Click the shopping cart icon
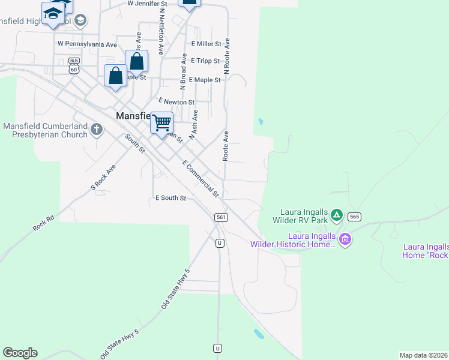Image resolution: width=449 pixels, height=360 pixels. [x=161, y=123]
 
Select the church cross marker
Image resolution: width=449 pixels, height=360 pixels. [x=97, y=129]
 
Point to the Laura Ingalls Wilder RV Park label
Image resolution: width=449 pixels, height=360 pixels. [x=304, y=216]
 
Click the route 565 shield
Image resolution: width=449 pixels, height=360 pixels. [x=354, y=217]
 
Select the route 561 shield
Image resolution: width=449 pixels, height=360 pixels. [x=221, y=217]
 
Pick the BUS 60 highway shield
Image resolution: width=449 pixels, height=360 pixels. [x=74, y=65]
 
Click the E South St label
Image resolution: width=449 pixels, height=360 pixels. [x=170, y=198]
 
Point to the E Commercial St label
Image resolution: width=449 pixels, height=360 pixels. [x=200, y=179]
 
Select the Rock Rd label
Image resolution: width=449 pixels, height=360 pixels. [x=44, y=224]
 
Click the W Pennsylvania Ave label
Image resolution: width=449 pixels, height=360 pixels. [x=87, y=44]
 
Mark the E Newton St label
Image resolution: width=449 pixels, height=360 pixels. [x=176, y=102]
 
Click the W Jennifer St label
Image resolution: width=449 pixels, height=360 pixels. [x=147, y=4]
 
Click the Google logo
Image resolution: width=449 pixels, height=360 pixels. [x=20, y=353]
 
